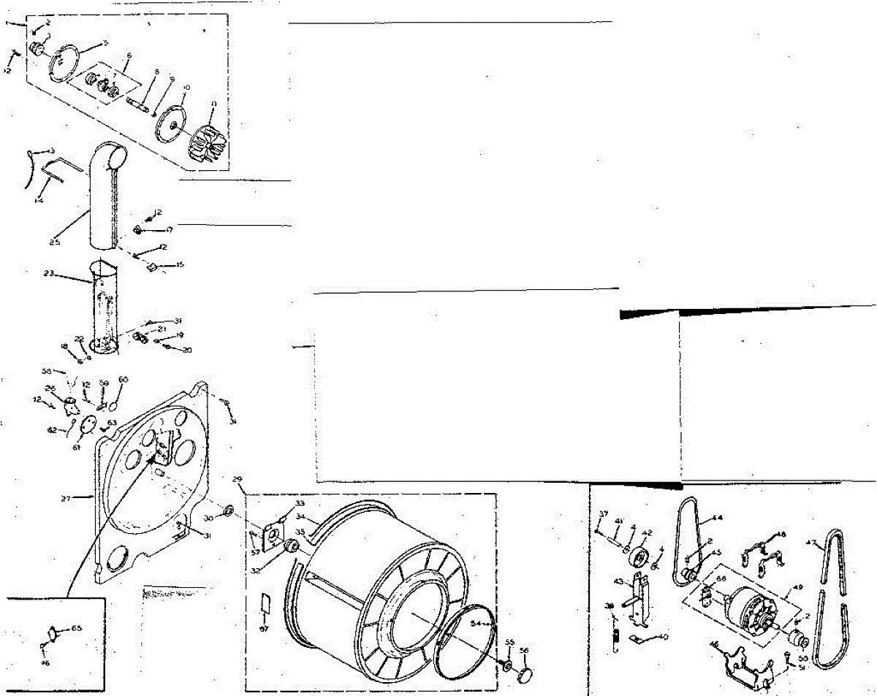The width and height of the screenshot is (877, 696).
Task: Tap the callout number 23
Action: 49,273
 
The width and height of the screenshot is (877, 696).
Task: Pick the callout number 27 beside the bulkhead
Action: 66,499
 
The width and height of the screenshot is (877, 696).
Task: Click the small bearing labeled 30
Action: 227,509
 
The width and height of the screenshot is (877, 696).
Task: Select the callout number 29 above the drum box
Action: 237,479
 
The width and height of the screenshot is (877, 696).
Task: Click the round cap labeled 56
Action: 525,672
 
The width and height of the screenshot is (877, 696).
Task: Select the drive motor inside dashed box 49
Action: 753,605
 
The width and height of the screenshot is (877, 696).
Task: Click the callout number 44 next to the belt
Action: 718,518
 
